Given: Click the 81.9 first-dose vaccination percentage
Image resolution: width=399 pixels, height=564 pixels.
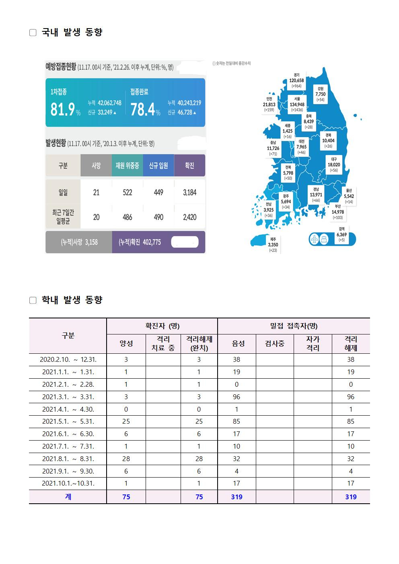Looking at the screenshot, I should tap(62, 109).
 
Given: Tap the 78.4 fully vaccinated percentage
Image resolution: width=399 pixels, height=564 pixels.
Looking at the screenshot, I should tap(142, 109).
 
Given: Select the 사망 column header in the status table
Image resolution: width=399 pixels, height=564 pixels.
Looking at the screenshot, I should tap(96, 165).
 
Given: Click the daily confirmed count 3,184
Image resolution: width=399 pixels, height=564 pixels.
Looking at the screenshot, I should tap(189, 193).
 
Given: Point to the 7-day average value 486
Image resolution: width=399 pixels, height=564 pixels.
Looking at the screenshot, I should tap(127, 217).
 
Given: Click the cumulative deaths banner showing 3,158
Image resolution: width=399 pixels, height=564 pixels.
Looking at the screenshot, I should tap(79, 242).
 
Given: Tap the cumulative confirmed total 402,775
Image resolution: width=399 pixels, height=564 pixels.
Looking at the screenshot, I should tap(140, 242).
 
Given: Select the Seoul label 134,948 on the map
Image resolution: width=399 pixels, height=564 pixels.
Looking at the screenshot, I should tap(297, 105).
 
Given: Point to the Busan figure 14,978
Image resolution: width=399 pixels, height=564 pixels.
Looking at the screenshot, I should tap(338, 212).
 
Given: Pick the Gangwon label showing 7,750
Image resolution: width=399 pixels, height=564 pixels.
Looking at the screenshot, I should tap(321, 94).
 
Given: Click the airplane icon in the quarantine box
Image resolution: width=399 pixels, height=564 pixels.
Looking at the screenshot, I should tap(315, 239).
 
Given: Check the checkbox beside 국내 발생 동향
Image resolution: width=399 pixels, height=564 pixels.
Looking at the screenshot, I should tap(33, 33).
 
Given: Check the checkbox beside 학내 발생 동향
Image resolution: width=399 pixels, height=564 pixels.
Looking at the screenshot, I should tap(33, 300).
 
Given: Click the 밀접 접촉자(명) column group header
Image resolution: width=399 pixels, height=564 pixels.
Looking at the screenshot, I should tap(294, 326).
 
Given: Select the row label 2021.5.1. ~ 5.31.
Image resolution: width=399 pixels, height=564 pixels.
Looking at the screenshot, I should tap(68, 421).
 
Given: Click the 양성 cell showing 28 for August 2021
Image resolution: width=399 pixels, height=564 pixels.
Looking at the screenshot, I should tap(126, 459).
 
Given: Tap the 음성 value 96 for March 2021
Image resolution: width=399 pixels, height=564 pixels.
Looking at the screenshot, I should tap(237, 397).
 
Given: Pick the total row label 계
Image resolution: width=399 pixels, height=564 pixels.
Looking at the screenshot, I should tap(68, 497).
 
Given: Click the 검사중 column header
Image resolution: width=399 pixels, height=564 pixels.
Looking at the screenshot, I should tap(275, 344).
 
